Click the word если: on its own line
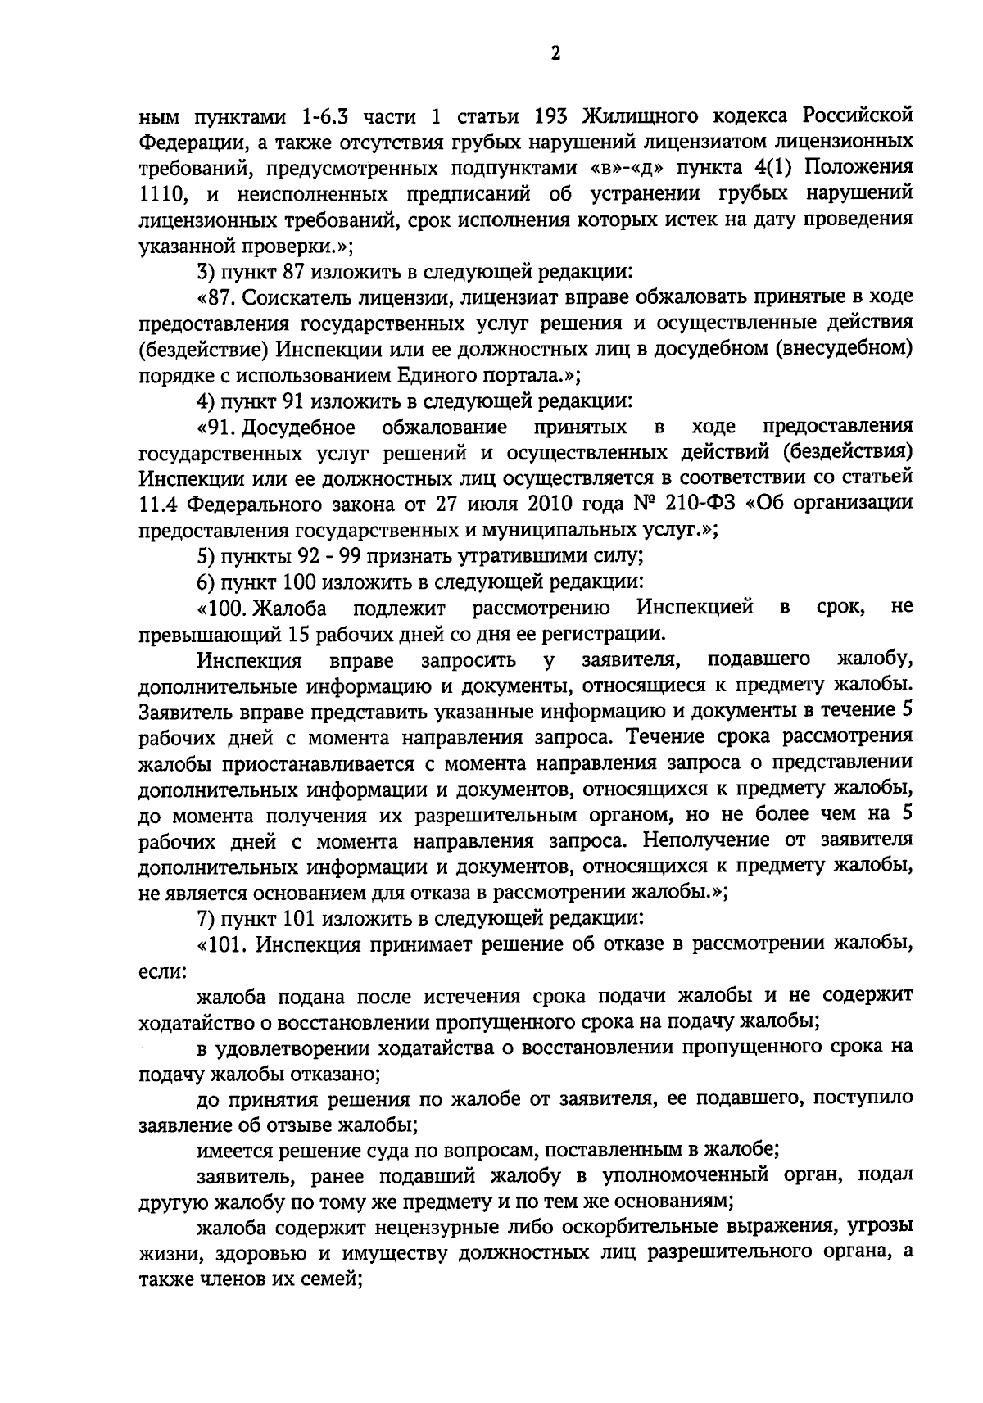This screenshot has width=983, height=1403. [x=163, y=971]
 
